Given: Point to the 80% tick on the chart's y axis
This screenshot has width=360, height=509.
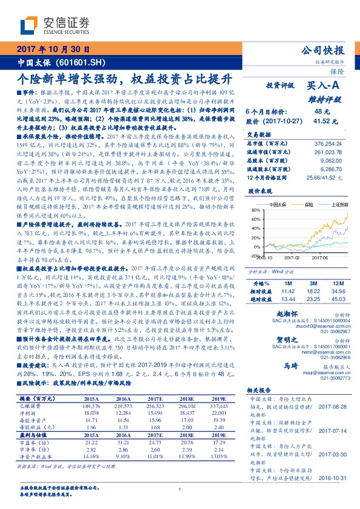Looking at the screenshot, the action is tap(252, 210).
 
